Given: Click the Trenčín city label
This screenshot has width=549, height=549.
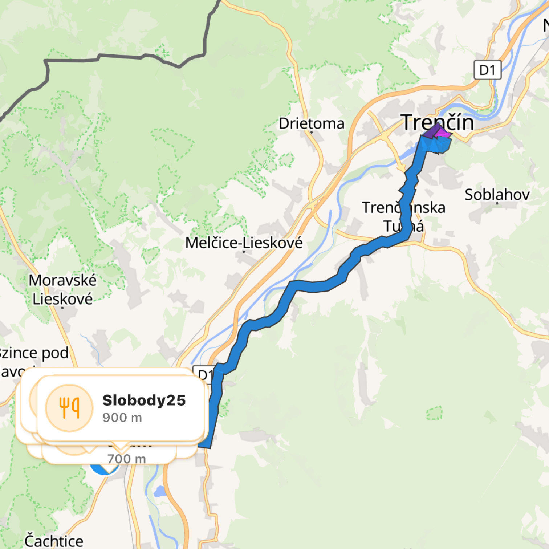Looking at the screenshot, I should pos(438,122).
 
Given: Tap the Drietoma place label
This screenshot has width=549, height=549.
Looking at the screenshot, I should pos(311,123).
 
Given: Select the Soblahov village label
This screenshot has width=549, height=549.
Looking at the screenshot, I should pos(497,195).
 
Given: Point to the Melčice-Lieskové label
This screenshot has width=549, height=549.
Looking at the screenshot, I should pos(244,243).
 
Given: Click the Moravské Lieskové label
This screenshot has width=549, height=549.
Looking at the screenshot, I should pos(62,289).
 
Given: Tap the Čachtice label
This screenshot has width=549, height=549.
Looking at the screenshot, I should pos(54,541).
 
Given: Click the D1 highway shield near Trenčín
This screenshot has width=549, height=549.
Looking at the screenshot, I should pos(487,70).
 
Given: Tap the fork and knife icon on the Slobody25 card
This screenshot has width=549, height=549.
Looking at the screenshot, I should pos(69,408).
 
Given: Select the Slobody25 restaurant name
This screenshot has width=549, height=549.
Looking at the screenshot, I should pos(144,400).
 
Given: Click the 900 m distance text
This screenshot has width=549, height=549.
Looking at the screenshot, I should pos(122,418).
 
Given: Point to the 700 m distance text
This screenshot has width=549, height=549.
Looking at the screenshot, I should pos(126,459).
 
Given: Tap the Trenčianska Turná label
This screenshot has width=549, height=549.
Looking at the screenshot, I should pos(403,217).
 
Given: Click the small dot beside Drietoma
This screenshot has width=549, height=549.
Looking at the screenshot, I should pos(312,132).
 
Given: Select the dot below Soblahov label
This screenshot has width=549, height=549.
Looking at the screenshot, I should pos(497,203).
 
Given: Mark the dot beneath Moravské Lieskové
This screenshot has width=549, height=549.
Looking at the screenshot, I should pos(62,308).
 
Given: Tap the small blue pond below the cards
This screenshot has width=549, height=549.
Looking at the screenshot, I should pos(160,492).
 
